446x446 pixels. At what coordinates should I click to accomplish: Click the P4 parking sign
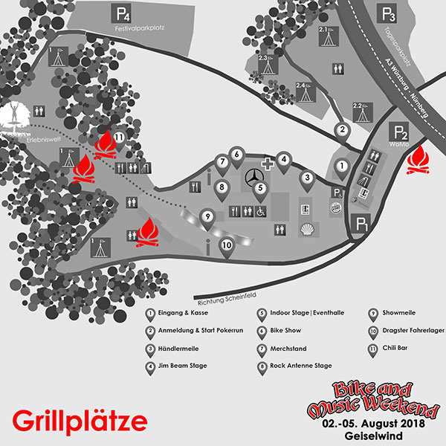click(120, 13)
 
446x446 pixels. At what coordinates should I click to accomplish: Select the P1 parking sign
click(363, 222)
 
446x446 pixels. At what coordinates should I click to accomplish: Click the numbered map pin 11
click(117, 138)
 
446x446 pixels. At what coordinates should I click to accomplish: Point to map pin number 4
click(283, 159)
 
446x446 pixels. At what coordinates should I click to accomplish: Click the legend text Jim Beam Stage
click(182, 366)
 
